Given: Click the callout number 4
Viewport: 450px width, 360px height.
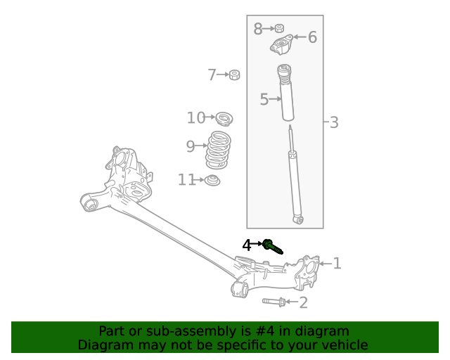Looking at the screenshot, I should click(x=247, y=245).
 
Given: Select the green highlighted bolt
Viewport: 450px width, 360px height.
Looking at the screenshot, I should click(x=272, y=246).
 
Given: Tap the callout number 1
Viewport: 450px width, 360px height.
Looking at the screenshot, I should click(x=337, y=264).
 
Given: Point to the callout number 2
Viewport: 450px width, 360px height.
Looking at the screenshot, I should click(x=303, y=303).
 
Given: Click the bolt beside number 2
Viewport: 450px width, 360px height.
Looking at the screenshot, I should click(x=275, y=302).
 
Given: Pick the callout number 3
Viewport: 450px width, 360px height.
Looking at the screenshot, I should click(x=334, y=122).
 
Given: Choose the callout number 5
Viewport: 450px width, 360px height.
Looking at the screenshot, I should click(x=264, y=100).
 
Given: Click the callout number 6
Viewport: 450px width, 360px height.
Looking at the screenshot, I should click(x=312, y=37).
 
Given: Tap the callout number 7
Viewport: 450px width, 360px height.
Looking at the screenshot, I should click(x=212, y=75).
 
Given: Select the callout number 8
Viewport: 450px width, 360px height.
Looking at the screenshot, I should click(x=258, y=29).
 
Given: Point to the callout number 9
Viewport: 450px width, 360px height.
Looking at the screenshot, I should click(x=190, y=146).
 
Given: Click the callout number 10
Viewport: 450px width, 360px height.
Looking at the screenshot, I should click(x=195, y=118).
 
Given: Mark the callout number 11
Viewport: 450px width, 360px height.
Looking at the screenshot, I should click(x=186, y=180).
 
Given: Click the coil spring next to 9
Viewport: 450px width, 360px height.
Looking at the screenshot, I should click(x=218, y=150).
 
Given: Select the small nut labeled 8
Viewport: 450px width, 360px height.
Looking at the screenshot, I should click(x=279, y=29).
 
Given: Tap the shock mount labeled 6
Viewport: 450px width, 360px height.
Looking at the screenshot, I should click(x=282, y=48).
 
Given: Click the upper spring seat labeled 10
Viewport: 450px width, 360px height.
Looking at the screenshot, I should click(x=223, y=118).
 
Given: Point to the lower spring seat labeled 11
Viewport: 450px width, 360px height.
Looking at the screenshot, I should click(x=212, y=181).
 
